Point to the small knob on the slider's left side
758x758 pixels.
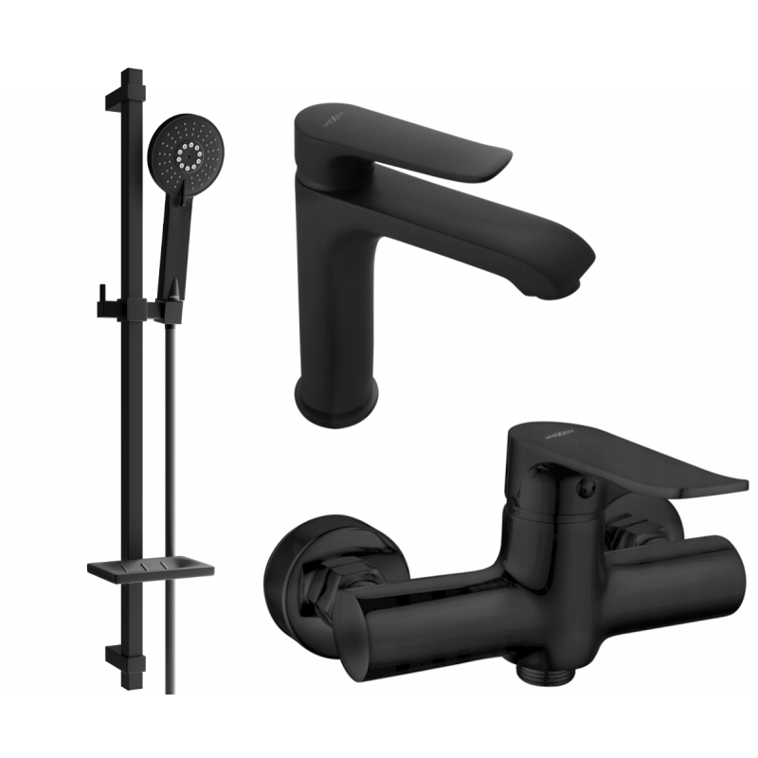98,304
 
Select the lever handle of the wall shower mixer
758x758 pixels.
625,464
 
